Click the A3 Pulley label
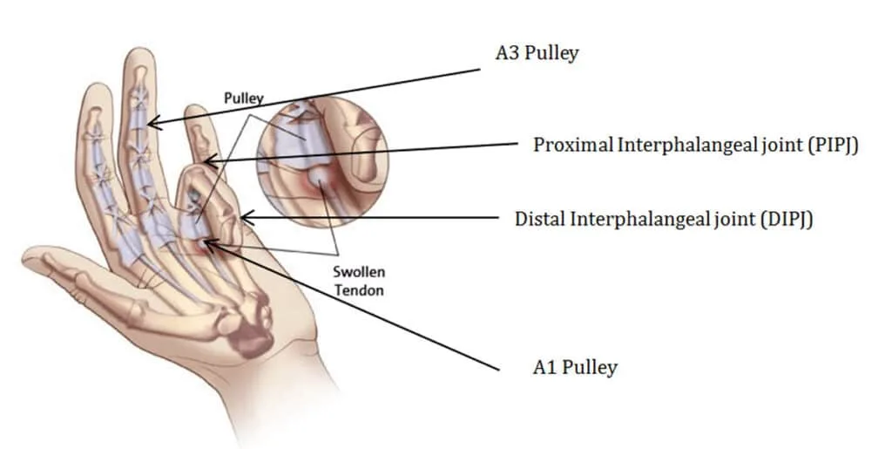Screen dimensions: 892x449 pos(537,53)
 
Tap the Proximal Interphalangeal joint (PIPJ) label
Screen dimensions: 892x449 pos(695,145)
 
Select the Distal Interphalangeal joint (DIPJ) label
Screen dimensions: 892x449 pos(663,219)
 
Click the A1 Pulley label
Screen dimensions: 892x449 pos(575,368)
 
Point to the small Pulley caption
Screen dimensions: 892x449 pos(244,99)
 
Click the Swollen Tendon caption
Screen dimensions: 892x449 pos(359,281)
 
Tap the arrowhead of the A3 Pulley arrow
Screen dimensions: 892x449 pos(154,122)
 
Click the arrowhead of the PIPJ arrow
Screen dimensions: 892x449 pos(211,161)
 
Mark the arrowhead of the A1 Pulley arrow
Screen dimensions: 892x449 pos(209,245)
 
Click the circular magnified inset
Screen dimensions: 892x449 pos(322,161)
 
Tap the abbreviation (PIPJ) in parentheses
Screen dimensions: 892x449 pos(832,145)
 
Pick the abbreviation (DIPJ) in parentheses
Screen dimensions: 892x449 pos(787,219)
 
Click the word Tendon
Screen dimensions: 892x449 pos(359,290)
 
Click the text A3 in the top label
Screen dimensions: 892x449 pos(507,53)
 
